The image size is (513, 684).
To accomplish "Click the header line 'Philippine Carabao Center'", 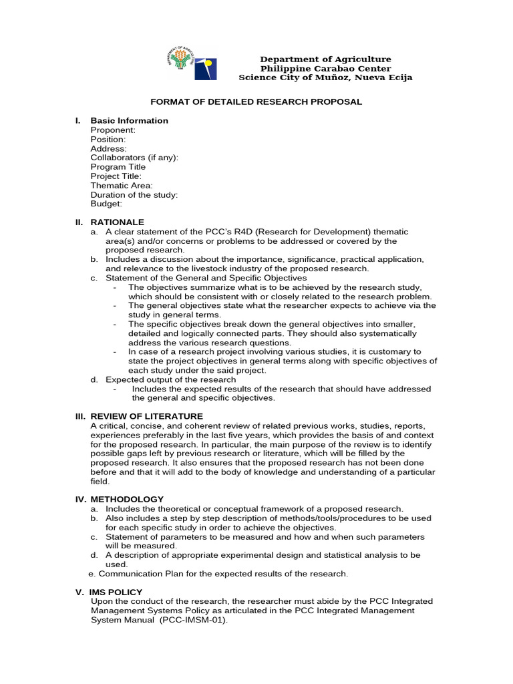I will [325, 69].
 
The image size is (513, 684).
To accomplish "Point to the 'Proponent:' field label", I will [113, 130].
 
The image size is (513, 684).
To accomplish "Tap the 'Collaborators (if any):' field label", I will [134, 158].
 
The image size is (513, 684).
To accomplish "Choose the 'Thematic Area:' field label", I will [122, 186].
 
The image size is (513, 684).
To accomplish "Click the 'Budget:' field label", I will [106, 204].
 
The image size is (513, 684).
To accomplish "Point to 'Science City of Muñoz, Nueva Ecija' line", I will [325, 78].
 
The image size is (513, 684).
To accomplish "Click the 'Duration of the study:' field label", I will [134, 195].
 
